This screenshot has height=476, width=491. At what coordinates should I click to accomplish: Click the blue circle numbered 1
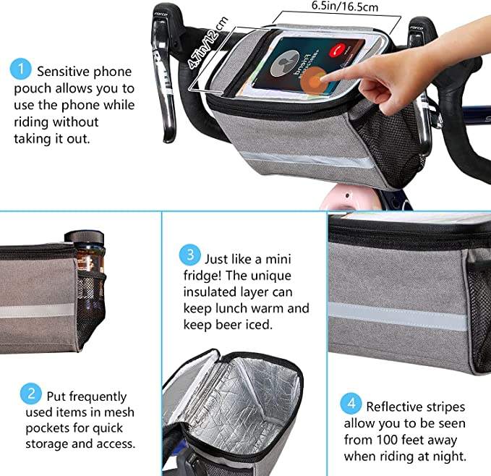click(21, 69)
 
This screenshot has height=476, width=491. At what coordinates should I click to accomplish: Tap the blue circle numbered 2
click(31, 394)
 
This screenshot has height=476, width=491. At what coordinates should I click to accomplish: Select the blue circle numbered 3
click(189, 255)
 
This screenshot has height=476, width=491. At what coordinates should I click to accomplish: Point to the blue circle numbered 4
click(351, 404)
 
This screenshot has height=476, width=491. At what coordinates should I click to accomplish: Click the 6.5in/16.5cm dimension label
click(345, 7)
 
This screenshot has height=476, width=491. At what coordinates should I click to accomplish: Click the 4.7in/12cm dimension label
click(208, 43)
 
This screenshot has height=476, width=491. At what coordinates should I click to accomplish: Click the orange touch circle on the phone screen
click(314, 78)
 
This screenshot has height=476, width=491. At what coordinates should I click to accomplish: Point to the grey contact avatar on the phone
click(285, 63)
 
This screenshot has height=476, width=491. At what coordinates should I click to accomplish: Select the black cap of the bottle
click(84, 237)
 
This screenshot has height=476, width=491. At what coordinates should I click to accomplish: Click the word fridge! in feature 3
click(202, 276)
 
